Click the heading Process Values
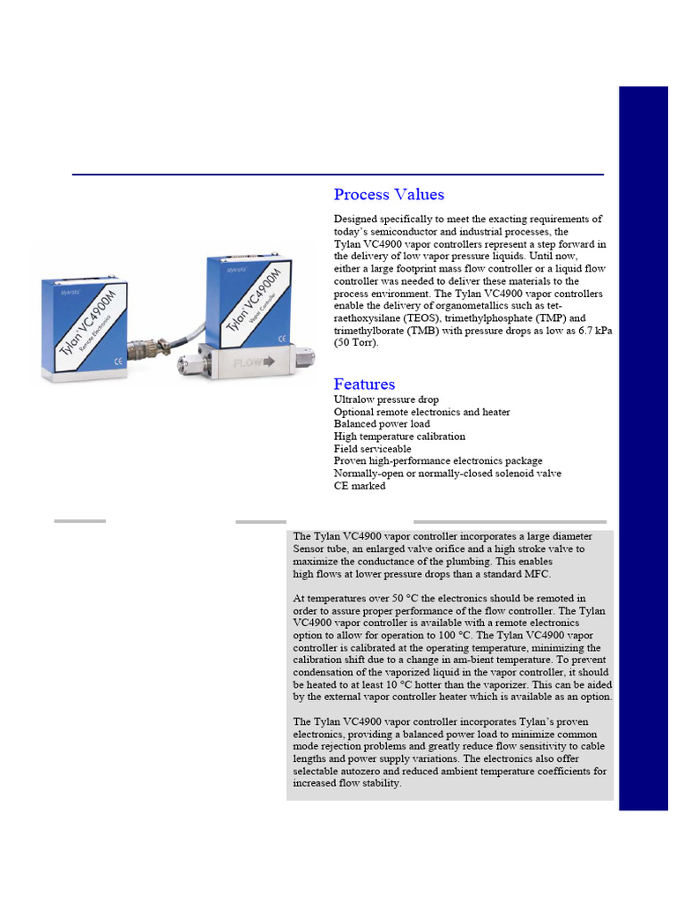click(x=389, y=195)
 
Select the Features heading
click(x=364, y=384)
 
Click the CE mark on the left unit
click(x=119, y=360)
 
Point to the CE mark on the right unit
click(x=282, y=338)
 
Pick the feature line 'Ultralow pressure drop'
click(x=386, y=399)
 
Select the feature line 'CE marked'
click(x=360, y=486)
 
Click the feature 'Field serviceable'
click(x=373, y=449)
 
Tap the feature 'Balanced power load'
click(x=382, y=424)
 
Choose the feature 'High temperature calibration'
click(x=399, y=437)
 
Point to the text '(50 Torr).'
click(x=356, y=342)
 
